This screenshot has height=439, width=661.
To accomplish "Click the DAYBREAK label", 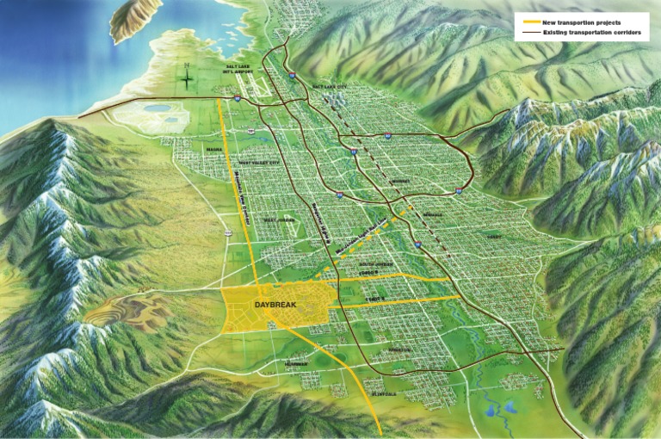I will [275, 306].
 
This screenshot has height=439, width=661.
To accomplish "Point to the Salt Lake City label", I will [330, 87].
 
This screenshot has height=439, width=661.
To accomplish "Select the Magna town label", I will [214, 147].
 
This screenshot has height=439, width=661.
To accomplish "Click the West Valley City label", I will [259, 162].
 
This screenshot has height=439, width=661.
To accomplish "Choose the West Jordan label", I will [276, 219].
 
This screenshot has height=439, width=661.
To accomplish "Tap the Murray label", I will [400, 182].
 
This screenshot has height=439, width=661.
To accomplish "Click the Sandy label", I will [494, 234].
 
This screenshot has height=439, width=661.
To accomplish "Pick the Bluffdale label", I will [382, 394].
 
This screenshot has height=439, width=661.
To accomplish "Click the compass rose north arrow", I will [187, 77].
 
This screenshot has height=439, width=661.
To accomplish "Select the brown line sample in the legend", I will [528, 32].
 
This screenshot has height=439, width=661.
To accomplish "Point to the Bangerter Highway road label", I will [319, 222].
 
